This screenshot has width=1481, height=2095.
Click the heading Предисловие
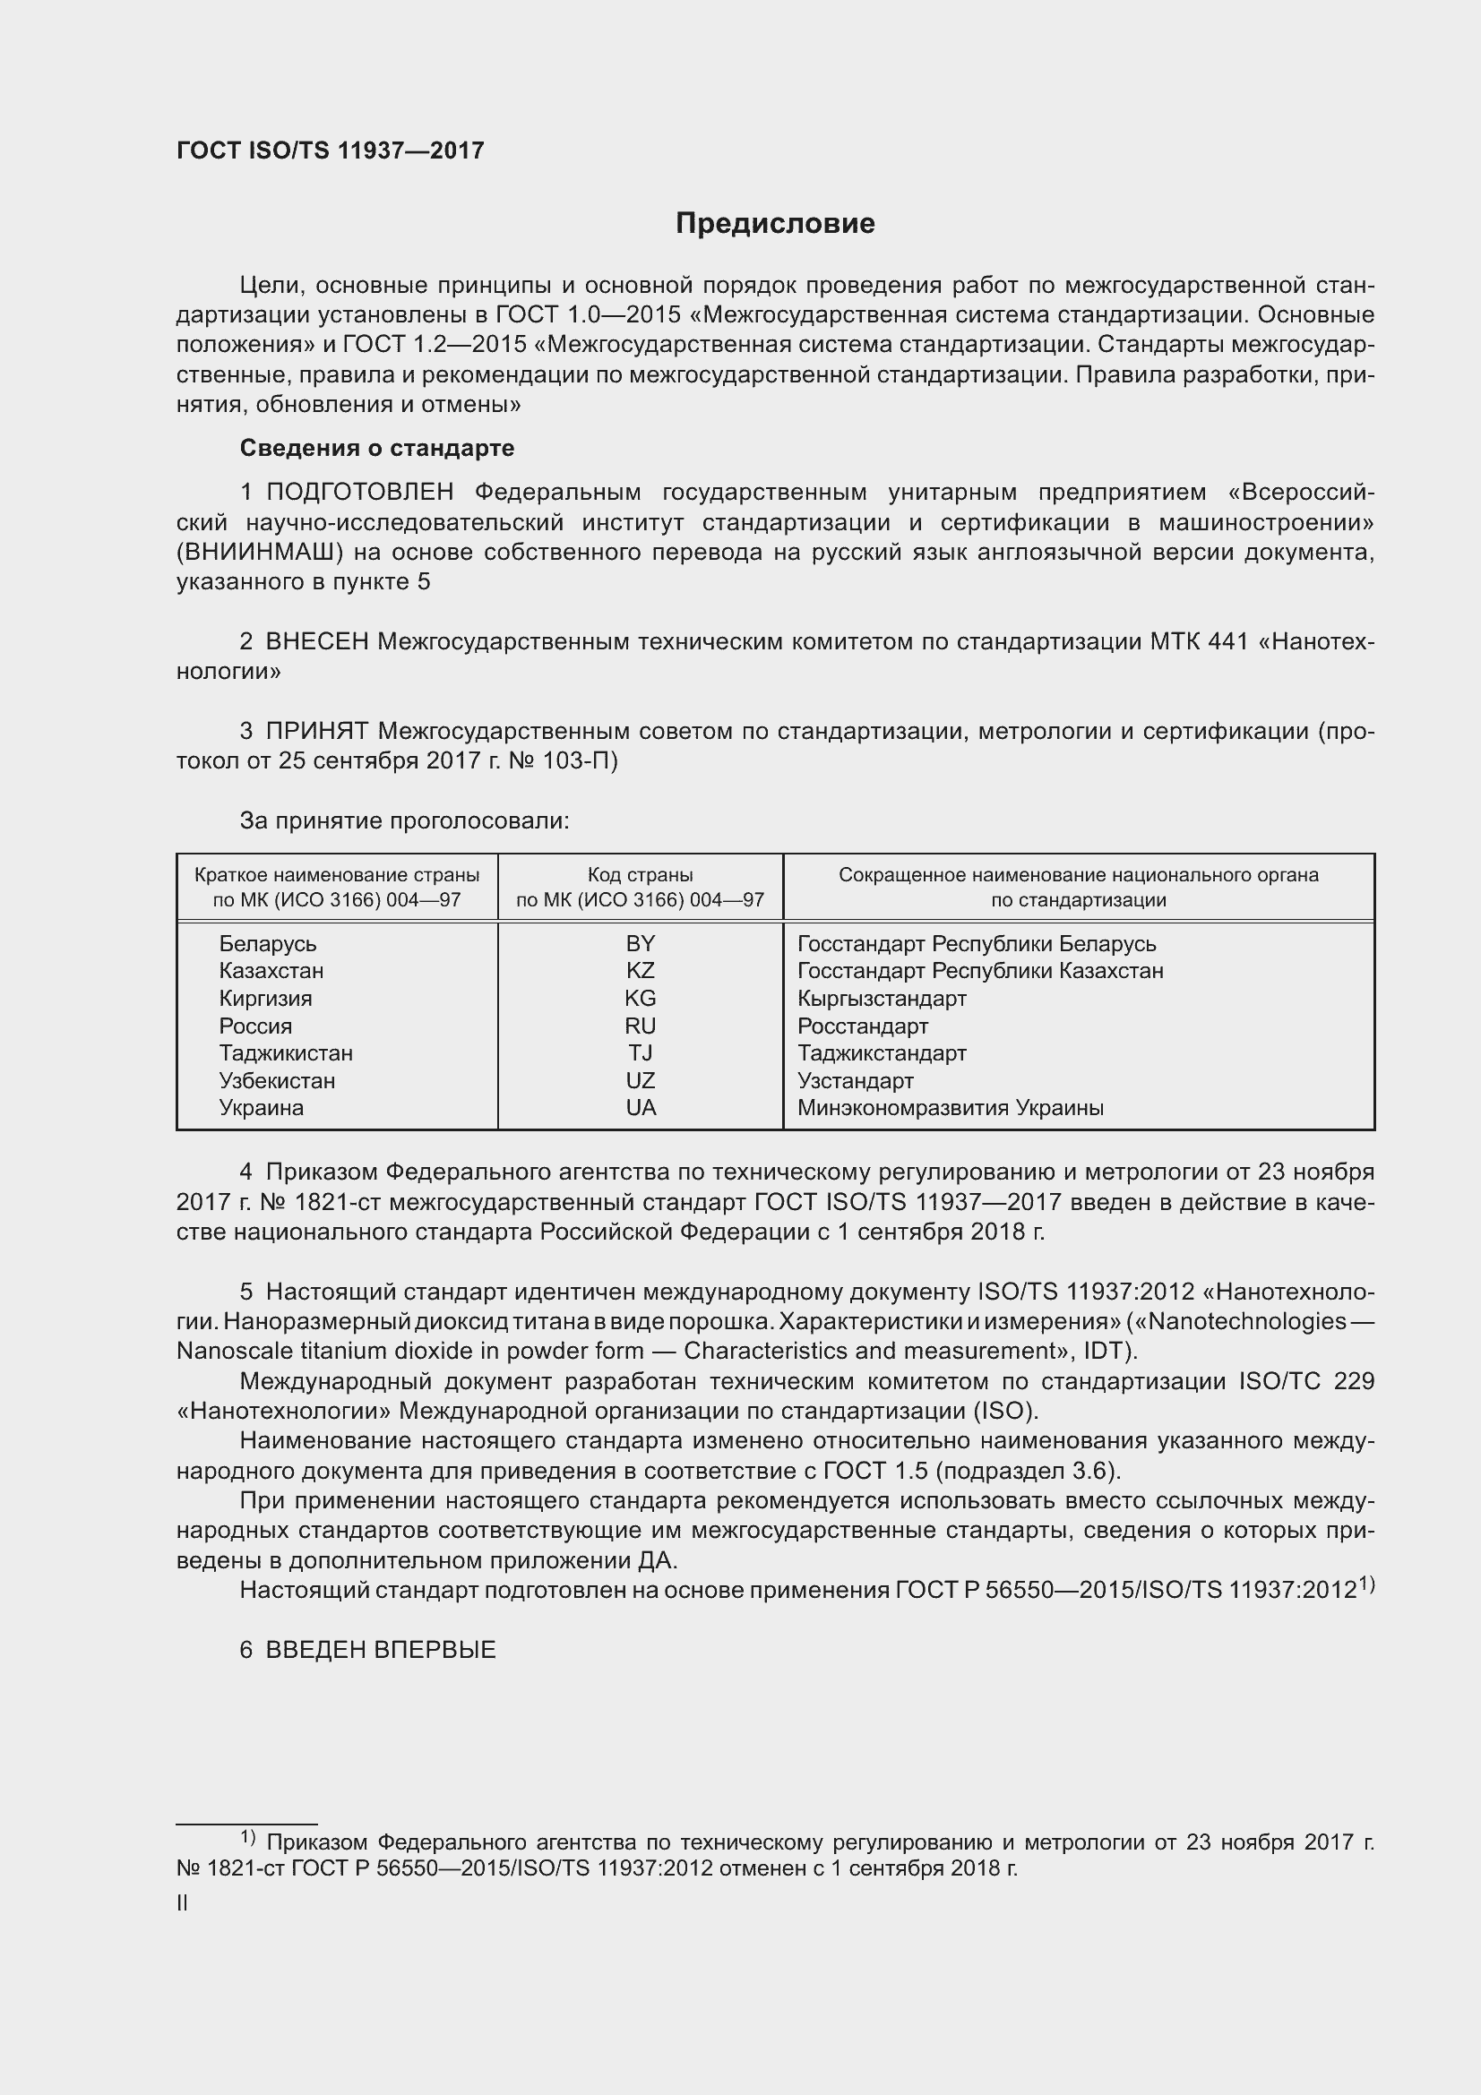click(775, 224)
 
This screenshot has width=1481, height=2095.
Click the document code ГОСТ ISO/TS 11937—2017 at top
click(331, 151)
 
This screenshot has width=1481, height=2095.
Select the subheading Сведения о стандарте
click(377, 448)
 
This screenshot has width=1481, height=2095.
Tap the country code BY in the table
click(641, 943)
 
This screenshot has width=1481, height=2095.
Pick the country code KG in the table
click(641, 998)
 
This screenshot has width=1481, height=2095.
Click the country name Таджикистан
click(286, 1053)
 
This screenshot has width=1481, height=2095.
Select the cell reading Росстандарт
click(862, 1026)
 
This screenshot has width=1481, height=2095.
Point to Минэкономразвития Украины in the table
click(950, 1108)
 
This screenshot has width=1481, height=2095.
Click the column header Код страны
click(641, 875)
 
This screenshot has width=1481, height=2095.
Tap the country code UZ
click(641, 1080)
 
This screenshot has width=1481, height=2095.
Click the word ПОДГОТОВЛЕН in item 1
click(360, 493)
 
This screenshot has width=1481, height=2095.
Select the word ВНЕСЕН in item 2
click(316, 642)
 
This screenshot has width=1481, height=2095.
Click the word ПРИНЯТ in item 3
click(316, 731)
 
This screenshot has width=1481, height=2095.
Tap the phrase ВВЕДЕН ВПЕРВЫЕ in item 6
click(381, 1650)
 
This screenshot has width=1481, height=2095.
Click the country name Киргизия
click(265, 998)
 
